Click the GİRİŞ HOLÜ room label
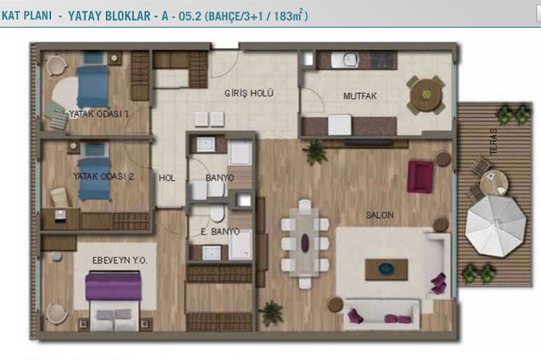(x=249, y=93)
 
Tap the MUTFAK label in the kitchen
(x=360, y=97)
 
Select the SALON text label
(x=379, y=216)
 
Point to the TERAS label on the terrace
(x=493, y=141)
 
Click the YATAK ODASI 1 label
(x=99, y=114)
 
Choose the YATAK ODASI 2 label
(x=103, y=177)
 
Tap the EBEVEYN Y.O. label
(x=120, y=260)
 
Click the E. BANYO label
(x=219, y=232)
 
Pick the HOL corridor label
(x=167, y=178)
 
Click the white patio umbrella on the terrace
(x=495, y=226)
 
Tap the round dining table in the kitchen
(x=426, y=94)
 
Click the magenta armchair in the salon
(x=420, y=177)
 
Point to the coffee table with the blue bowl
(x=386, y=270)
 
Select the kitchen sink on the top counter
(x=345, y=60)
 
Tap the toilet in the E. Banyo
(x=217, y=213)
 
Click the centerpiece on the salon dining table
(x=305, y=242)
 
